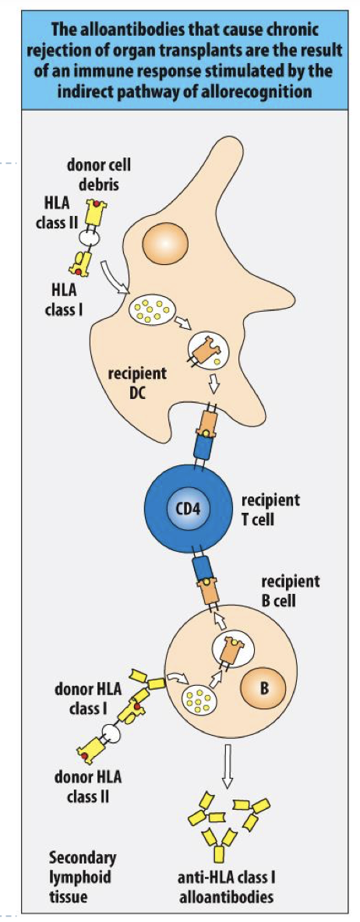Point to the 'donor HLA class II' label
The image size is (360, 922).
88,786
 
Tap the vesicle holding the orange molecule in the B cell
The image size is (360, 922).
231,648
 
